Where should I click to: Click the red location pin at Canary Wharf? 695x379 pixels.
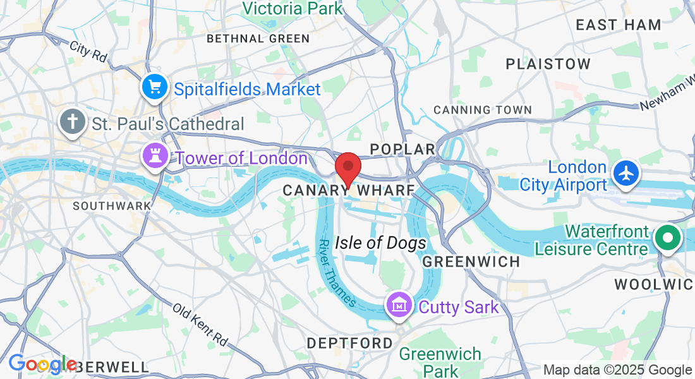347,168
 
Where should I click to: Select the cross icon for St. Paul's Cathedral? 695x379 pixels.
73,121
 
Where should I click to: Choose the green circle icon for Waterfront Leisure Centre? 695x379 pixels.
667,239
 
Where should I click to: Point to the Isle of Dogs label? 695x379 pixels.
380,243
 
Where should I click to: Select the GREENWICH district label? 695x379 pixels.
471,261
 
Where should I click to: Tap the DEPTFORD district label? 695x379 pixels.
349,343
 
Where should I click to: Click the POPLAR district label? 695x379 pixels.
402,149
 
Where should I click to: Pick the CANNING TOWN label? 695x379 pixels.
483,110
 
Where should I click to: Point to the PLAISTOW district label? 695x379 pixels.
548,64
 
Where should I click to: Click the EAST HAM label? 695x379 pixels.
619,25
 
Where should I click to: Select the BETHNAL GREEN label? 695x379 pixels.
258,39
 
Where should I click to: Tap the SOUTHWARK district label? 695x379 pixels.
112,206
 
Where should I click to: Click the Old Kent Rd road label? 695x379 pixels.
200,325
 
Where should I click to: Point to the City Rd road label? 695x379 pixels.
88,51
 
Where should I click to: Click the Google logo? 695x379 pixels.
42,364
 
